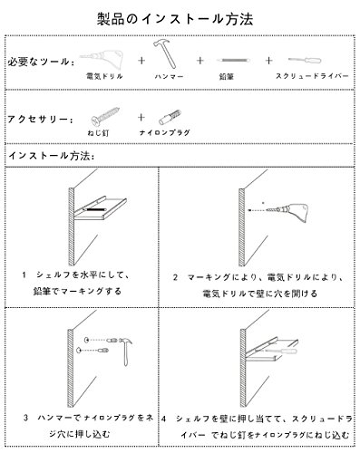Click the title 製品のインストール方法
click(x=175, y=19)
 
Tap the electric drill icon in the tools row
click(x=102, y=59)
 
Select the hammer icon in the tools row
click(x=165, y=53)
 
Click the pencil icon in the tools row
click(x=233, y=61)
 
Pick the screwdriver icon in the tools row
click(x=305, y=60)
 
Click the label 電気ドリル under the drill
click(x=104, y=76)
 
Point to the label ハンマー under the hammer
click(x=169, y=77)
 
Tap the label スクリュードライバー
click(x=312, y=76)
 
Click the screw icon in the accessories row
click(x=105, y=117)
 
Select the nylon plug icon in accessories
click(x=170, y=118)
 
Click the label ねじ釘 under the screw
click(x=98, y=132)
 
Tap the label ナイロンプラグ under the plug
click(x=165, y=132)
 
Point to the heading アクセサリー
click(x=40, y=120)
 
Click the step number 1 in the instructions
click(x=24, y=275)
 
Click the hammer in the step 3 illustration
click(x=126, y=351)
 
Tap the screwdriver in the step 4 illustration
click(x=279, y=351)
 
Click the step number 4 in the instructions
click(x=163, y=419)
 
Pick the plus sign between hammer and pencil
click(x=199, y=61)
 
